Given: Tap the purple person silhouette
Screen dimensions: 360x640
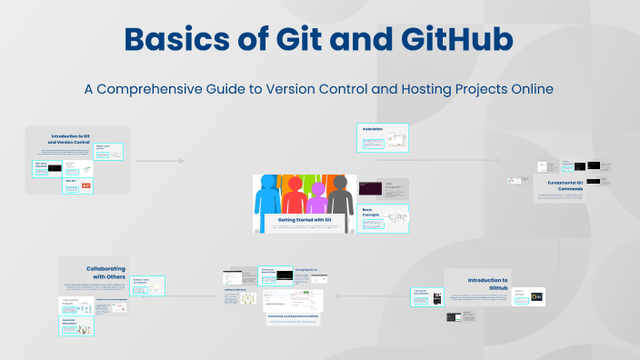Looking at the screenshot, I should tap(317, 196).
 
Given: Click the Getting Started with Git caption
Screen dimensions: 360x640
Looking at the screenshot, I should tap(304, 220).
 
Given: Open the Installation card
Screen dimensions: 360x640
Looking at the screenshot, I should tap(383, 137).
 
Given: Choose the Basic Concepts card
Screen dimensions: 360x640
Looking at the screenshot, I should tap(383, 219).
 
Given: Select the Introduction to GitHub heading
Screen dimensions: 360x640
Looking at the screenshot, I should tap(488, 285).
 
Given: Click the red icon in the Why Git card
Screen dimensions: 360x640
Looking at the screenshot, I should tap(86, 186).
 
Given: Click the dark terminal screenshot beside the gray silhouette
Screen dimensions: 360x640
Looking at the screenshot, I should tap(369, 189).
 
